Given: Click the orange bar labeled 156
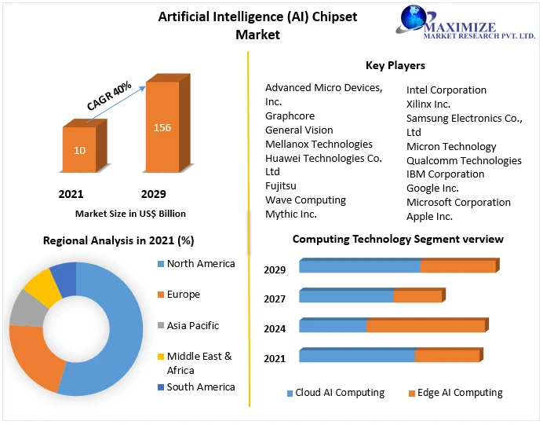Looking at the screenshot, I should (162, 128).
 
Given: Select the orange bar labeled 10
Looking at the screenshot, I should (80, 149).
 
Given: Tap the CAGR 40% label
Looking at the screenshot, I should (109, 99).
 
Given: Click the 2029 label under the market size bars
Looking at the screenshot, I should (153, 194).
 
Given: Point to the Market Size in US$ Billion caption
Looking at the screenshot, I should (130, 213).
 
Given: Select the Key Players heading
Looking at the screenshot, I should (395, 65).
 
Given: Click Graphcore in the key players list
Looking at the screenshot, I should (290, 115).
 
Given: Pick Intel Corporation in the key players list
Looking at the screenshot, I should (446, 90).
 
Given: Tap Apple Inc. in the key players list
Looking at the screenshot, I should (429, 216).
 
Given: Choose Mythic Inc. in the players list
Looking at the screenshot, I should (291, 214).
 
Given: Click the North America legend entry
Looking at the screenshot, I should (200, 264).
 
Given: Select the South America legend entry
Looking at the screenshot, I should (200, 387).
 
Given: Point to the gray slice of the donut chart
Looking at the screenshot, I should (24, 312).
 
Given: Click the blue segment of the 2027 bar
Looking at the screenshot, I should (346, 296).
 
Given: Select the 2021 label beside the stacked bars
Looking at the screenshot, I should (275, 358).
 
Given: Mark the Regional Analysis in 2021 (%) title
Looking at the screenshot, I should (118, 240).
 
